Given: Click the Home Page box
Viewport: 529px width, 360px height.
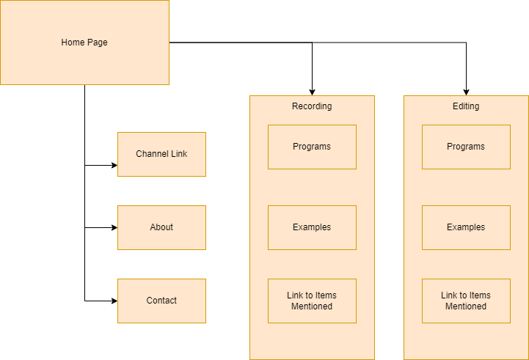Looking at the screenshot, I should pyautogui.click(x=84, y=43).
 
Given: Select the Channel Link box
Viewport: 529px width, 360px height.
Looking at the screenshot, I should pyautogui.click(x=161, y=154).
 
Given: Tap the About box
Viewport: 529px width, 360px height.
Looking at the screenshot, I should pyautogui.click(x=161, y=227).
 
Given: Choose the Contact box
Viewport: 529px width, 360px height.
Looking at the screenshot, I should pyautogui.click(x=161, y=301).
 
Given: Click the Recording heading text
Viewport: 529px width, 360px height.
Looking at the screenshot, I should pyautogui.click(x=312, y=106).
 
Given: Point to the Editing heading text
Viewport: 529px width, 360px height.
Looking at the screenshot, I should pyautogui.click(x=466, y=106).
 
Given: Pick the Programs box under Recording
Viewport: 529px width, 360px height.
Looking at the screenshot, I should pyautogui.click(x=312, y=147).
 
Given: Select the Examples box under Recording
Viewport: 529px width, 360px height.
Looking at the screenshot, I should pyautogui.click(x=312, y=227).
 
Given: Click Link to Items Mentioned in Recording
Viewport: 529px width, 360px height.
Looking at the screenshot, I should pyautogui.click(x=312, y=301).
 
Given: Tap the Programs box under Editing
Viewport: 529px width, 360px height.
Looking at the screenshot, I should pyautogui.click(x=466, y=147).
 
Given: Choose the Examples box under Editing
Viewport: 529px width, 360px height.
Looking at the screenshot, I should pyautogui.click(x=466, y=227).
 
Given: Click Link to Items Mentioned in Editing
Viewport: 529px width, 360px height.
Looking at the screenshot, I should pyautogui.click(x=466, y=301).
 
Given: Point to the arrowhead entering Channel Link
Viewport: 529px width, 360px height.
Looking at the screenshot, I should pyautogui.click(x=114, y=166).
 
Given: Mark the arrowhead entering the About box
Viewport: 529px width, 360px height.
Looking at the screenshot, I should pyautogui.click(x=114, y=227).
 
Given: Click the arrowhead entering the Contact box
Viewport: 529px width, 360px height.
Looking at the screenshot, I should pyautogui.click(x=114, y=301).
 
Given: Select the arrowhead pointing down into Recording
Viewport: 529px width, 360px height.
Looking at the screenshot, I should pyautogui.click(x=312, y=92).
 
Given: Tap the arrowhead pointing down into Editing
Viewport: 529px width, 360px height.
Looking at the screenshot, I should pyautogui.click(x=466, y=92).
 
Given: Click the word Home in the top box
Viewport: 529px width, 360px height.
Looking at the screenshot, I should pyautogui.click(x=73, y=43).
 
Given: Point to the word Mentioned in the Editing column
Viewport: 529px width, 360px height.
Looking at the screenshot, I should pyautogui.click(x=466, y=306).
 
